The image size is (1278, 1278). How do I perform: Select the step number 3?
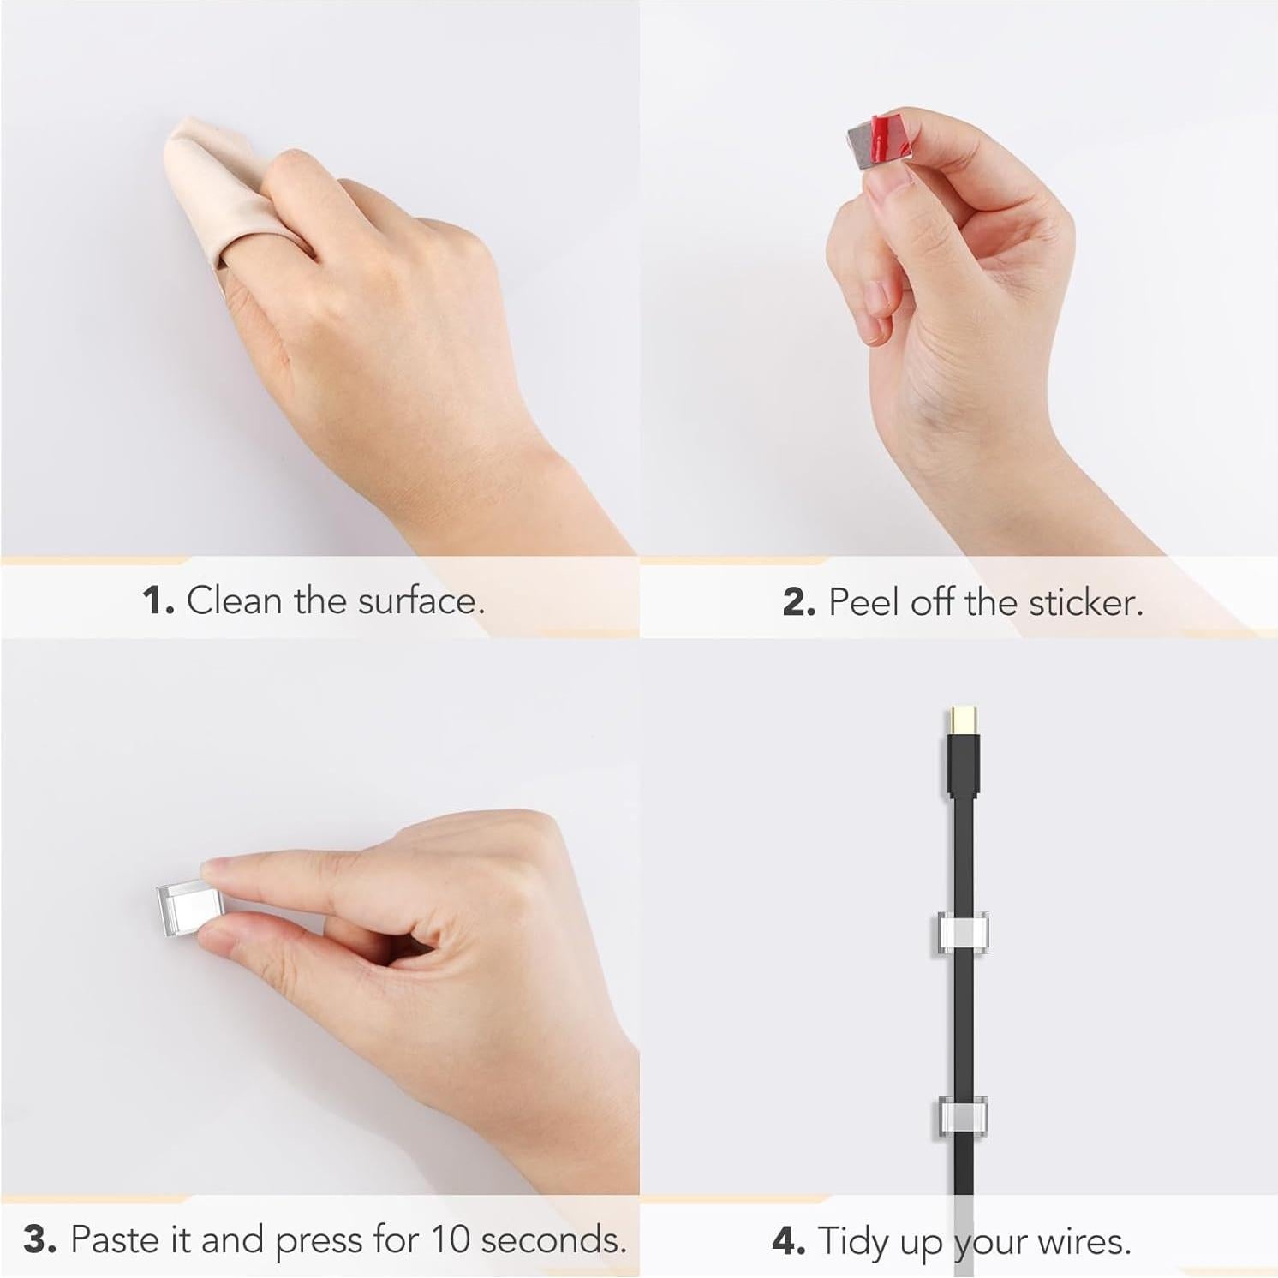tap(39, 1239)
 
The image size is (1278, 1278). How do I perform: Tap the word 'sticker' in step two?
tap(1084, 602)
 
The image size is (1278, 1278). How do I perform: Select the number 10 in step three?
tap(451, 1239)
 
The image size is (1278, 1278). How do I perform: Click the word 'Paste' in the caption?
tap(114, 1239)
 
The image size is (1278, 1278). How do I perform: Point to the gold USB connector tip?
tap(963, 721)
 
